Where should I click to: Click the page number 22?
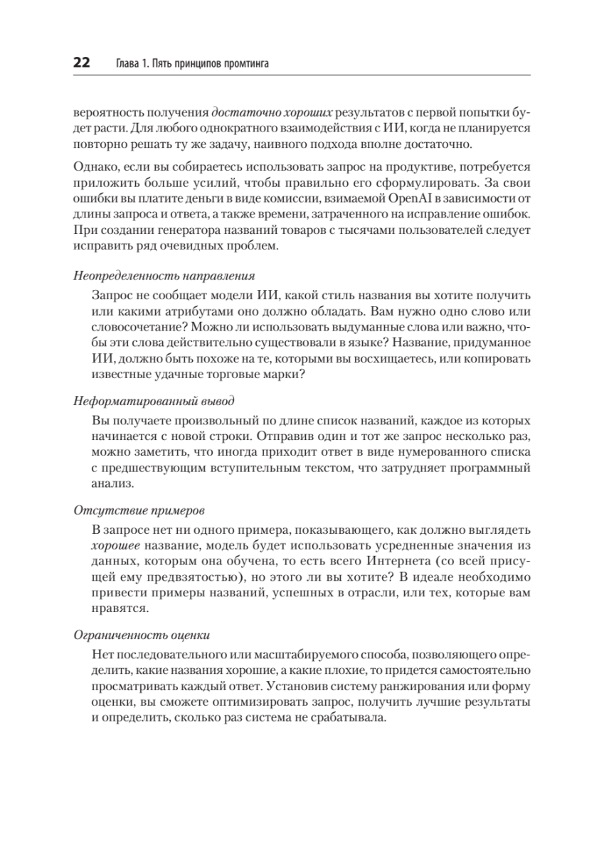click(x=80, y=64)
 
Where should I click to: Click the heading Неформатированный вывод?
click(x=154, y=401)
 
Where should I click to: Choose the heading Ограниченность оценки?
click(x=147, y=635)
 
